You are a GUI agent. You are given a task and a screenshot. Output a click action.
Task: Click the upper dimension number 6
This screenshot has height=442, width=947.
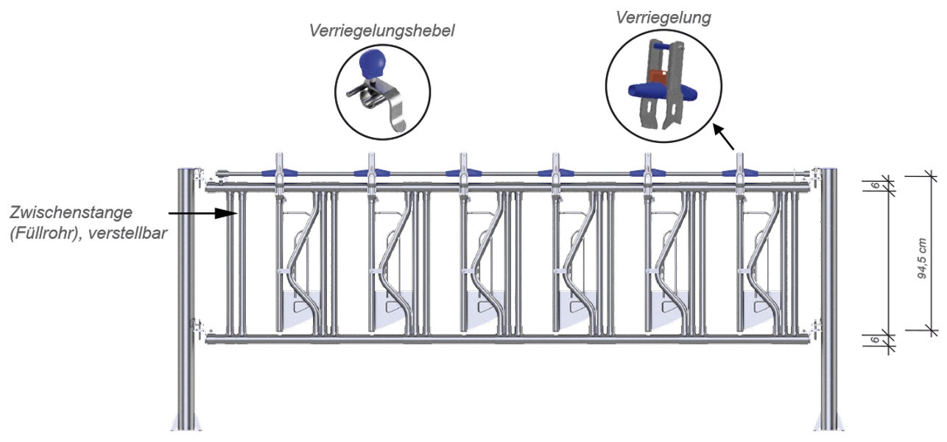click(x=873, y=185)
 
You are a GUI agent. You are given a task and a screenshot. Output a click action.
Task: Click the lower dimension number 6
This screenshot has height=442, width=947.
click(x=873, y=340)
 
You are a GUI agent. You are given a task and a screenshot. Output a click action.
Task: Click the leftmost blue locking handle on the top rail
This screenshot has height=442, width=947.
click(x=280, y=173)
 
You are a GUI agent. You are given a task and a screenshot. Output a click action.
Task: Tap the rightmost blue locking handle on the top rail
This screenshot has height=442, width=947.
click(x=740, y=173)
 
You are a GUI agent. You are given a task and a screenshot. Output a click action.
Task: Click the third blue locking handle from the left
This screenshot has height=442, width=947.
click(x=464, y=173)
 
